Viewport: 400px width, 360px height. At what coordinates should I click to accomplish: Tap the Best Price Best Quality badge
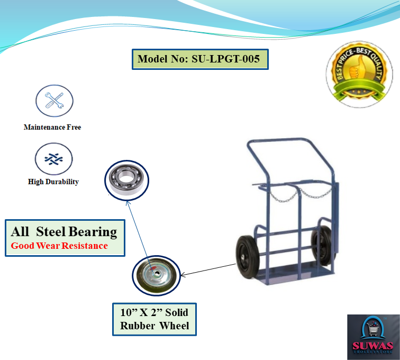(359, 74)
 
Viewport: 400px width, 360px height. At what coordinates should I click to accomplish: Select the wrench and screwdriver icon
(54, 101)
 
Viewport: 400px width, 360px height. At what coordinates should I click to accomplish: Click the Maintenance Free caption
(52, 127)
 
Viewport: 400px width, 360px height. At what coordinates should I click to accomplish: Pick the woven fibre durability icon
(53, 159)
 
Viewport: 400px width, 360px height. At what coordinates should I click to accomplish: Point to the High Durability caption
(53, 182)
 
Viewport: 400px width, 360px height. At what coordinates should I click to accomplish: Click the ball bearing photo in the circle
(126, 180)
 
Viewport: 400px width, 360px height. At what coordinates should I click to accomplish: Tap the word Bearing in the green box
(93, 232)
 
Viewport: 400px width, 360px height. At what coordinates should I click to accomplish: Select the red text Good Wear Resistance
(59, 246)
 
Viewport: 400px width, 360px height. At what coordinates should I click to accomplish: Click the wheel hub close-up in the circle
(156, 275)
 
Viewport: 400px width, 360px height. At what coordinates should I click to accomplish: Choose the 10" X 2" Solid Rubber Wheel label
(154, 319)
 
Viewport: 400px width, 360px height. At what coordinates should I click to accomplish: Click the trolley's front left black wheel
(248, 257)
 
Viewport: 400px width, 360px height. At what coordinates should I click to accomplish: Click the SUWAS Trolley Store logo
(374, 337)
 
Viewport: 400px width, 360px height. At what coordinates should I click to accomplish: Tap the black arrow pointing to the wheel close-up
(208, 270)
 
